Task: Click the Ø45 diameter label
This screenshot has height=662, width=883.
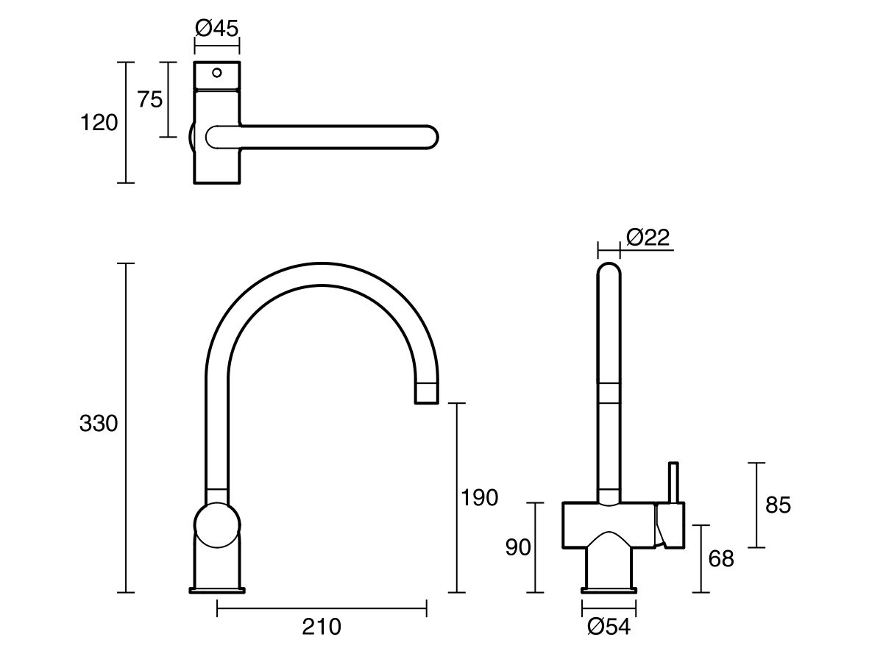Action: pyautogui.click(x=217, y=29)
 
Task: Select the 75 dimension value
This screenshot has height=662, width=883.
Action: pyautogui.click(x=150, y=99)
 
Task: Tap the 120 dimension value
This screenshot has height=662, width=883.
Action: pyautogui.click(x=99, y=123)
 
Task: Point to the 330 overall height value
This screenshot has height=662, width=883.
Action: pyautogui.click(x=99, y=424)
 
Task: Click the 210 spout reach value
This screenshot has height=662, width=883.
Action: pyautogui.click(x=322, y=627)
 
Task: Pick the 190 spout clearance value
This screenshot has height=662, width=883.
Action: pyautogui.click(x=479, y=498)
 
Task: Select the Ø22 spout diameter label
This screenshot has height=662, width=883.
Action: pyautogui.click(x=648, y=237)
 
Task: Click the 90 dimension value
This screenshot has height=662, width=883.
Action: pyautogui.click(x=518, y=548)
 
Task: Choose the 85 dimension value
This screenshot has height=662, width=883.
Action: pyautogui.click(x=778, y=505)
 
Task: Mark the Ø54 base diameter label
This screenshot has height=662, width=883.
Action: pyautogui.click(x=610, y=627)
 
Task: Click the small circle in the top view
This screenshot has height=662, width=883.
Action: pyautogui.click(x=216, y=72)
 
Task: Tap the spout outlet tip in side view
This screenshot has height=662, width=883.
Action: pyautogui.click(x=428, y=394)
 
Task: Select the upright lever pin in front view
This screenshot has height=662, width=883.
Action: pyautogui.click(x=672, y=483)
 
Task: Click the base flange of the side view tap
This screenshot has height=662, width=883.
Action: pyautogui.click(x=217, y=589)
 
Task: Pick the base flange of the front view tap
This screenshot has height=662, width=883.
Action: pyautogui.click(x=609, y=589)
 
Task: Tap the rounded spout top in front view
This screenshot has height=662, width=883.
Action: pyautogui.click(x=609, y=272)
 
